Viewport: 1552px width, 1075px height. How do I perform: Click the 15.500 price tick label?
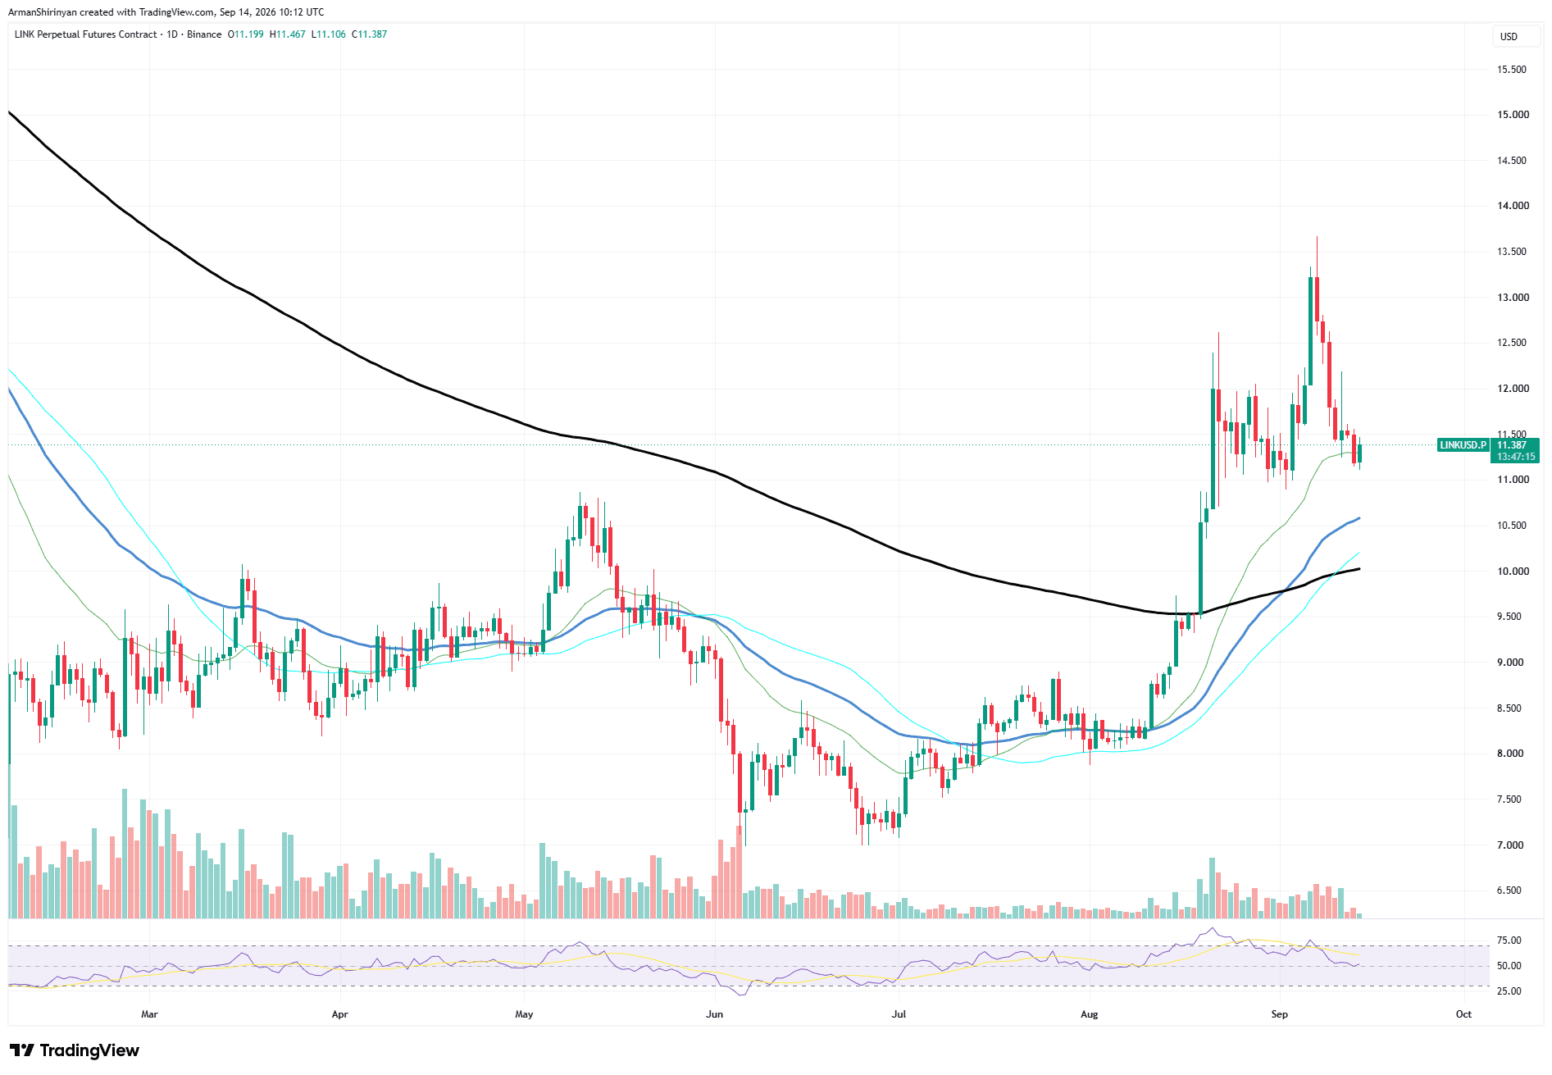pyautogui.click(x=1513, y=70)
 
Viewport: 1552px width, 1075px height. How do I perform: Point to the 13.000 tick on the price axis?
pyautogui.click(x=1513, y=298)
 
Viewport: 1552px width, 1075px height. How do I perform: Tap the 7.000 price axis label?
pyautogui.click(x=1510, y=845)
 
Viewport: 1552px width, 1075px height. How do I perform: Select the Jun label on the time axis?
pyautogui.click(x=714, y=1014)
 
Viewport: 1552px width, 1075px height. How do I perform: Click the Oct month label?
pyautogui.click(x=1463, y=1014)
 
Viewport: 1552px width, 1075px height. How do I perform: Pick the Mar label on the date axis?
pyautogui.click(x=149, y=1014)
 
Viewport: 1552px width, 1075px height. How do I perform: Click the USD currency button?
pyautogui.click(x=1509, y=37)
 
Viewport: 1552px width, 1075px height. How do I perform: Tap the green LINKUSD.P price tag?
pyautogui.click(x=1463, y=445)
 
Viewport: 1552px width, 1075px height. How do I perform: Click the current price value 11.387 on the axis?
pyautogui.click(x=1513, y=445)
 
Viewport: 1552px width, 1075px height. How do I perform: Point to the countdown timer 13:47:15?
pyautogui.click(x=1516, y=457)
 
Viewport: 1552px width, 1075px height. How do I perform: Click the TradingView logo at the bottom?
pyautogui.click(x=75, y=1050)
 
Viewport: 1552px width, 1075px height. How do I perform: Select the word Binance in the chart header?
pyautogui.click(x=204, y=34)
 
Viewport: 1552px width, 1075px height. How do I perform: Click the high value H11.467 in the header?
pyautogui.click(x=288, y=34)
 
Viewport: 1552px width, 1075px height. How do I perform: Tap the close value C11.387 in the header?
pyautogui.click(x=370, y=34)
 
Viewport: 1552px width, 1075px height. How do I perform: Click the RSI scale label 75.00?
pyautogui.click(x=1509, y=941)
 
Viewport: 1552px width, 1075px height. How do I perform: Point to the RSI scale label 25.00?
pyautogui.click(x=1509, y=991)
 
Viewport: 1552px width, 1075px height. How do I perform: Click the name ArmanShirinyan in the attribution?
pyautogui.click(x=43, y=12)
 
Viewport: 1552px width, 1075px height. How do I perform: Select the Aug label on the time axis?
pyautogui.click(x=1089, y=1014)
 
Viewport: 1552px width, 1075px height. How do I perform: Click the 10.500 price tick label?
pyautogui.click(x=1513, y=526)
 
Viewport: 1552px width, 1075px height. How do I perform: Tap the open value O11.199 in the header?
pyautogui.click(x=246, y=34)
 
